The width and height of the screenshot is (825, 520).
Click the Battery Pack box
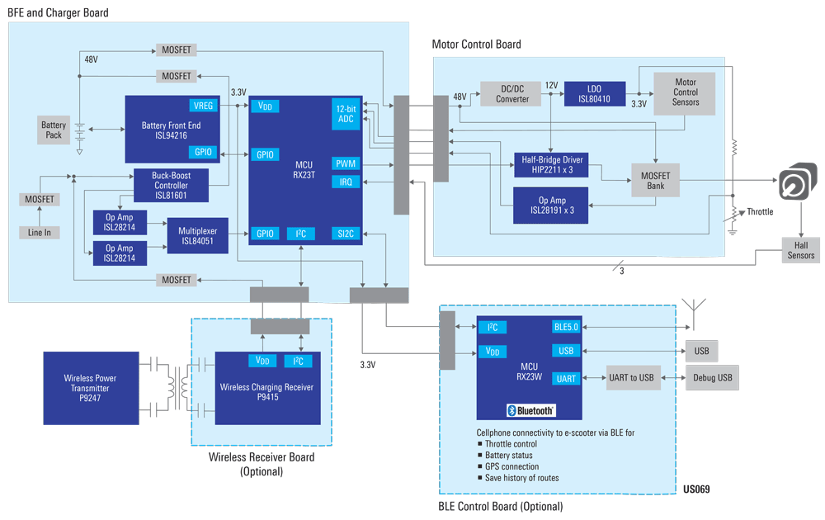[54, 130]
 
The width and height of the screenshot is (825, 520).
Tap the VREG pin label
[203, 106]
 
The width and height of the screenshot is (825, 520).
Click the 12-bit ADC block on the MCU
[346, 114]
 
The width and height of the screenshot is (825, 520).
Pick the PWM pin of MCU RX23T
[346, 163]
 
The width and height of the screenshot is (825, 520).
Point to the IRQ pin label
[346, 182]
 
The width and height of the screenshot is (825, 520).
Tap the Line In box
[40, 233]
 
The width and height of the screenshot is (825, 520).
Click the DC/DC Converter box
[512, 94]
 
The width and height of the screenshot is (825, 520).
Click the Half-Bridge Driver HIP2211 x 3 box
[550, 164]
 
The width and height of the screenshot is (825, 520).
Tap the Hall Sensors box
[801, 251]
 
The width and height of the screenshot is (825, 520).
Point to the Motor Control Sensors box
[686, 92]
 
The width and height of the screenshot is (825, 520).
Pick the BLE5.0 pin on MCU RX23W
[567, 327]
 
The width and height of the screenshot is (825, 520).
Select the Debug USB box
[712, 378]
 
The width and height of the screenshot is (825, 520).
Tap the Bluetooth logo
[530, 410]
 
